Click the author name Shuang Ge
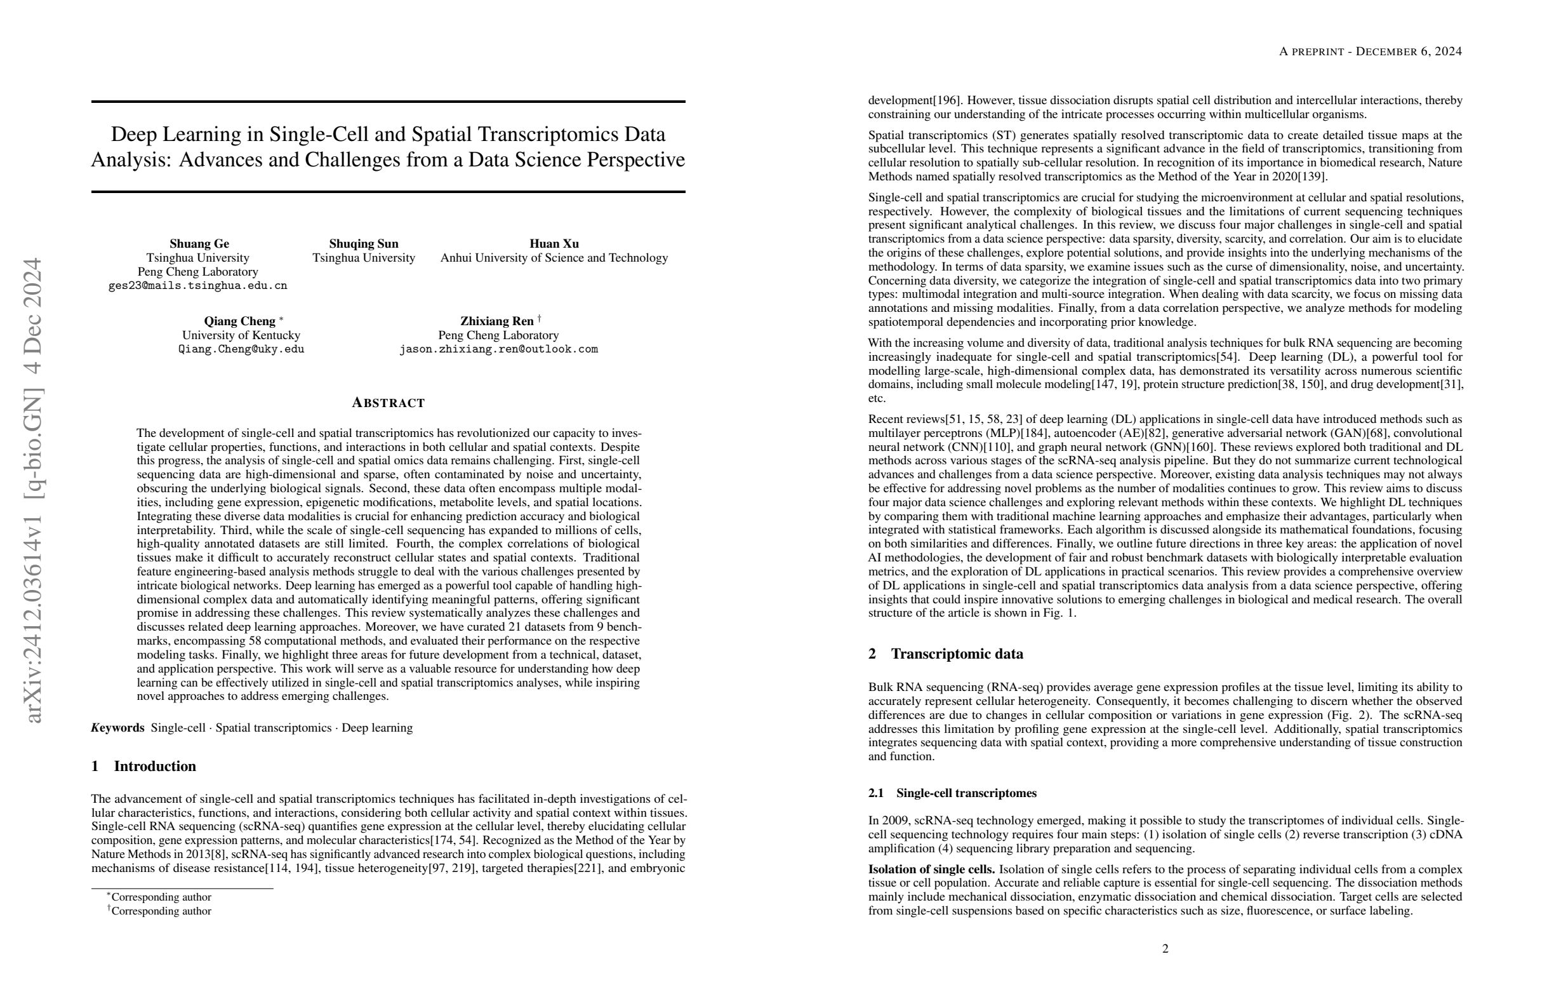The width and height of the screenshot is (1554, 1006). pos(199,244)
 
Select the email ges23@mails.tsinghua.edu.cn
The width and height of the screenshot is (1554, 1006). pos(197,285)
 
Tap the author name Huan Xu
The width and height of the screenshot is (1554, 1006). pos(554,244)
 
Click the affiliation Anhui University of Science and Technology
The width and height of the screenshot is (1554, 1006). pos(554,258)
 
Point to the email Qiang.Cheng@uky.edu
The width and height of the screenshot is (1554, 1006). pos(241,349)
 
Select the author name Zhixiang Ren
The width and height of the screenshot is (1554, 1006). pos(497,321)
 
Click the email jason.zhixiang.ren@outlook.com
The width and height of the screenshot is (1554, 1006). pos(498,349)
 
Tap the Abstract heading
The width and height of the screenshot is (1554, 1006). pos(388,403)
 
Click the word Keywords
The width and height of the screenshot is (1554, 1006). pos(117,728)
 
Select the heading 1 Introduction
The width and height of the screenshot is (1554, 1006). pos(143,767)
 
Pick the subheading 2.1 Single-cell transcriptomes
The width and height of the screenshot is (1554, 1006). pos(952,793)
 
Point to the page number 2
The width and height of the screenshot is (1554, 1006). pos(1165,948)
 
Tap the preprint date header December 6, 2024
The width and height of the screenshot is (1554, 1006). pos(1409,51)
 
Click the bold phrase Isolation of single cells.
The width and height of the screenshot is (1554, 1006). pos(931,869)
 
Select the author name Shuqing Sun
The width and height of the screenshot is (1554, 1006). pos(364,244)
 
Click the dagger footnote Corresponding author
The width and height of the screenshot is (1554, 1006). pos(161,911)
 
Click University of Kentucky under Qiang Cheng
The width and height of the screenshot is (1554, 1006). pos(241,335)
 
